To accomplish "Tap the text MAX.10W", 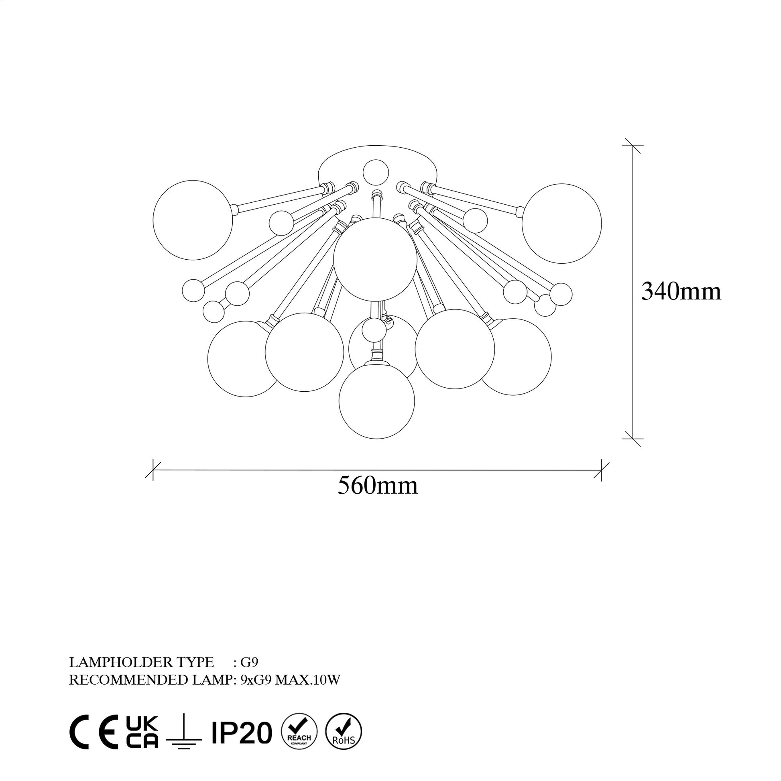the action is [308, 692].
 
